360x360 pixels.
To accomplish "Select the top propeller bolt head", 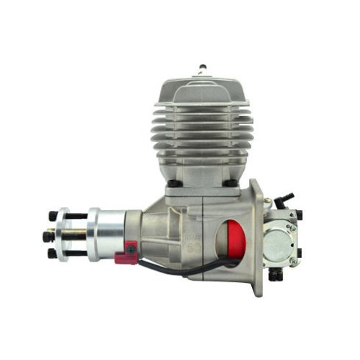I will tap(52, 217).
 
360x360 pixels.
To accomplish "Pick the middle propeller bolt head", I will tap(48, 237).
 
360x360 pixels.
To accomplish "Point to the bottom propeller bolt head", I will tap(52, 254).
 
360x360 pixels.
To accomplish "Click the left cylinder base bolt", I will tap(172, 183).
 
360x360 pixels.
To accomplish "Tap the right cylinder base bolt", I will tap(232, 183).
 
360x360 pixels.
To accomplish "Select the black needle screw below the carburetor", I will tap(275, 275).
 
